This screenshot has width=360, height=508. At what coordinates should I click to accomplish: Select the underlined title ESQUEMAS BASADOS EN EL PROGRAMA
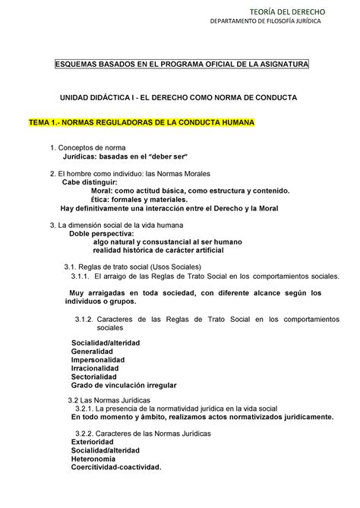[180, 66]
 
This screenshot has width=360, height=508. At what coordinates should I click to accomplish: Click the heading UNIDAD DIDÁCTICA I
[180, 99]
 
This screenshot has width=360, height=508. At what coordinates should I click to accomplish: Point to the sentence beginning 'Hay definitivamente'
[169, 208]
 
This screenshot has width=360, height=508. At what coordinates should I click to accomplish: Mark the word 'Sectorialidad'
[94, 377]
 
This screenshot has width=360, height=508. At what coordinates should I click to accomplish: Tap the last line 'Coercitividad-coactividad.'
[116, 467]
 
